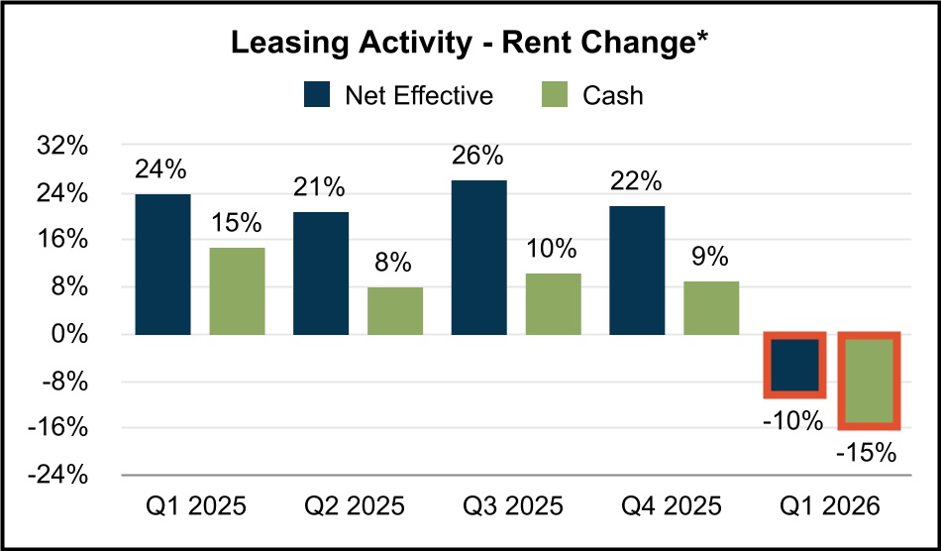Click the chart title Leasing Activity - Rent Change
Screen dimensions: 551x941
(470, 44)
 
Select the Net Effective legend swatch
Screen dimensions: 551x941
(318, 95)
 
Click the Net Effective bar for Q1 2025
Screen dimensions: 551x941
(162, 264)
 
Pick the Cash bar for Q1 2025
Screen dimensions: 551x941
(237, 290)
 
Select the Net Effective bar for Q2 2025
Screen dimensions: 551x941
(321, 273)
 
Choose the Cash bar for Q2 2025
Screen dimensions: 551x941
(395, 310)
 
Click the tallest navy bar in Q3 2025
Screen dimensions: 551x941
(478, 258)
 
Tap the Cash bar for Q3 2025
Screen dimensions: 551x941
(553, 303)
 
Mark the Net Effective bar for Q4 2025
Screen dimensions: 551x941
(637, 270)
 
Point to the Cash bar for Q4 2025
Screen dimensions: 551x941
(711, 307)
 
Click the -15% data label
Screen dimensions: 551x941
(866, 454)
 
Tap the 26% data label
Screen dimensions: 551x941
(478, 157)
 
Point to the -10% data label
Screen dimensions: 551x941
(792, 420)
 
